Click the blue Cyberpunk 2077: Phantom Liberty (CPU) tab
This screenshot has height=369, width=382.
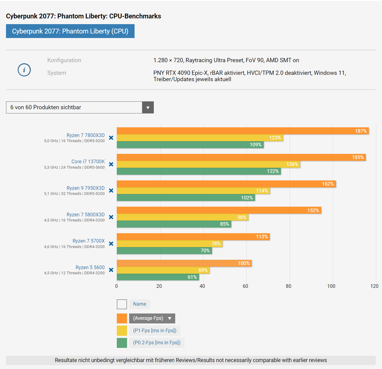[x=70, y=31]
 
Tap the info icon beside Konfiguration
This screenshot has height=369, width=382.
[x=24, y=70]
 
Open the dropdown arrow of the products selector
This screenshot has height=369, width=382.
[x=148, y=107]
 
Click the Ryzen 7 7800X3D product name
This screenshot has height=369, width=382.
[x=85, y=135]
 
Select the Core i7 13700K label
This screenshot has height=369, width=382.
[x=88, y=162]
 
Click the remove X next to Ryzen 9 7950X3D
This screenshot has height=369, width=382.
[x=111, y=191]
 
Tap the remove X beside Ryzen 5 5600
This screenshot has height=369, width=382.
[x=111, y=270]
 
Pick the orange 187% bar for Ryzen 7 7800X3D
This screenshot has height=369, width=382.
[x=243, y=131]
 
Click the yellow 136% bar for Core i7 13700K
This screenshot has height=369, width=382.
[x=208, y=164]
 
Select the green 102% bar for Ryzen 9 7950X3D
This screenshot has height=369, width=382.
[x=186, y=198]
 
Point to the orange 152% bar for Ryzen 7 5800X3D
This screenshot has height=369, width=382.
[x=219, y=210]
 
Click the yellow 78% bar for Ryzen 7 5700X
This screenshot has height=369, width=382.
[x=169, y=244]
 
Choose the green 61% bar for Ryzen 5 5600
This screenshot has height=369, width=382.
[x=158, y=277]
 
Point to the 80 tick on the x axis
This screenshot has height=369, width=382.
[x=289, y=286]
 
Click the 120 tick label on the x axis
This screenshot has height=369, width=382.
[x=374, y=286]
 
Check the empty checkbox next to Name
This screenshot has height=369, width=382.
[x=122, y=304]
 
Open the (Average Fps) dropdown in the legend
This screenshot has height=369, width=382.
[x=152, y=318]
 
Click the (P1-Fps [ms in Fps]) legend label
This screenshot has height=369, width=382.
[x=155, y=331]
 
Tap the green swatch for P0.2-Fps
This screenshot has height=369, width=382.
[x=122, y=343]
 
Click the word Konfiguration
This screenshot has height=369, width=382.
[x=64, y=60]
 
